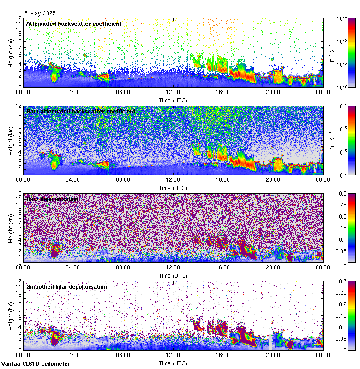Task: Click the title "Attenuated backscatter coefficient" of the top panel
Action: (74, 24)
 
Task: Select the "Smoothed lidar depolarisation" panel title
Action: (66, 286)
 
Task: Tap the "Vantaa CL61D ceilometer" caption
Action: (36, 364)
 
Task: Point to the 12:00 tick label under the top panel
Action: (173, 92)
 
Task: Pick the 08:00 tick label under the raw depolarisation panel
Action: (123, 267)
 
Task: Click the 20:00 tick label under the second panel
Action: (272, 179)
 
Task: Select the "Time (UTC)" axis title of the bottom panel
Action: (173, 363)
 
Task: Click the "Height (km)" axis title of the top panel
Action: (11, 53)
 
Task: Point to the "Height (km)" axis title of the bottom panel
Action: (11, 315)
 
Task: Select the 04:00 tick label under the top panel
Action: (73, 92)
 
